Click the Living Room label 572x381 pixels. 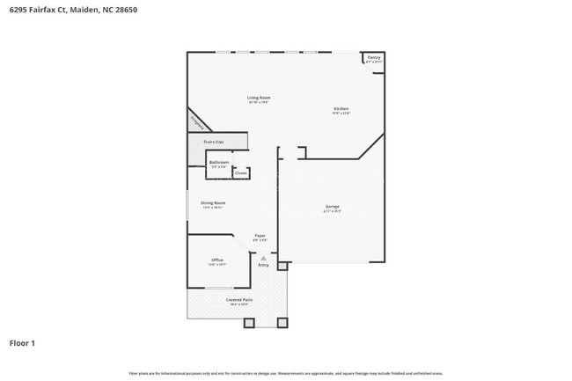click(x=258, y=98)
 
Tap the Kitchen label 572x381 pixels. click(x=341, y=109)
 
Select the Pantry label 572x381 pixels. click(x=374, y=58)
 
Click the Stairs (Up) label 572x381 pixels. click(x=213, y=142)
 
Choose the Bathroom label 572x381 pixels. click(x=219, y=163)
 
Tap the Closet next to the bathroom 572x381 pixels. click(x=240, y=173)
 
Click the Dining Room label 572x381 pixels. click(x=214, y=204)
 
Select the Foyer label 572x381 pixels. click(x=260, y=236)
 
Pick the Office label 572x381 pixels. click(x=216, y=260)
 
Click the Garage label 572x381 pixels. click(x=332, y=208)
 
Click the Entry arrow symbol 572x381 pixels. click(x=263, y=257)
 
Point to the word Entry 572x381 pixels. click(x=263, y=265)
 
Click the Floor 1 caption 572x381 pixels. click(x=22, y=342)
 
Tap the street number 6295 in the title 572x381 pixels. click(x=18, y=9)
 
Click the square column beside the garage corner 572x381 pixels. click(x=282, y=265)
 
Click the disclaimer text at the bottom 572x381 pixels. click(x=285, y=373)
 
